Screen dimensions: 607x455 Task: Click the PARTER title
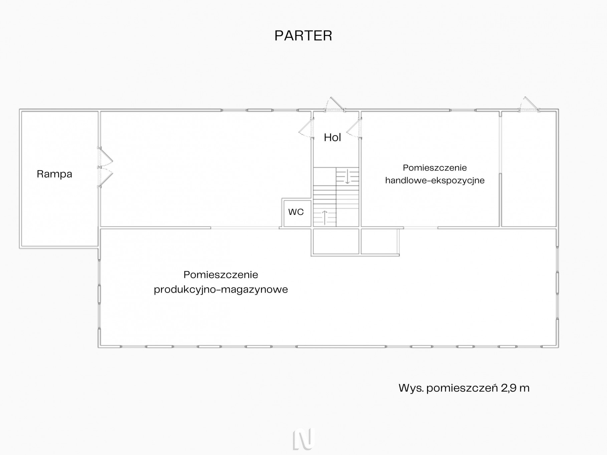[303, 36]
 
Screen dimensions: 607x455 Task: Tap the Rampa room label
[54, 174]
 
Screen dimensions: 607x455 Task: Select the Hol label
[333, 137]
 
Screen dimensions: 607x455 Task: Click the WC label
[296, 212]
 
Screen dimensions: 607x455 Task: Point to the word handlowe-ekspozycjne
[435, 181]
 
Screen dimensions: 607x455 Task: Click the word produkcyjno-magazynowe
[221, 290]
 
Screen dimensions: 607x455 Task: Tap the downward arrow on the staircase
[347, 176]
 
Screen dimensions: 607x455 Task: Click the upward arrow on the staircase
[325, 217]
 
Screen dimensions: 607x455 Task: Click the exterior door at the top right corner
[529, 104]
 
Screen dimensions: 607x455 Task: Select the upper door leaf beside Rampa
[105, 157]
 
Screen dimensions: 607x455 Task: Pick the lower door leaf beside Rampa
[105, 177]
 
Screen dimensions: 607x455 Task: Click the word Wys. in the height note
[411, 388]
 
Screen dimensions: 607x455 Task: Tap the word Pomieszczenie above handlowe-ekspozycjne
[435, 168]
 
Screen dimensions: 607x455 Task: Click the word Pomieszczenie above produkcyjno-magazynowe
[221, 275]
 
